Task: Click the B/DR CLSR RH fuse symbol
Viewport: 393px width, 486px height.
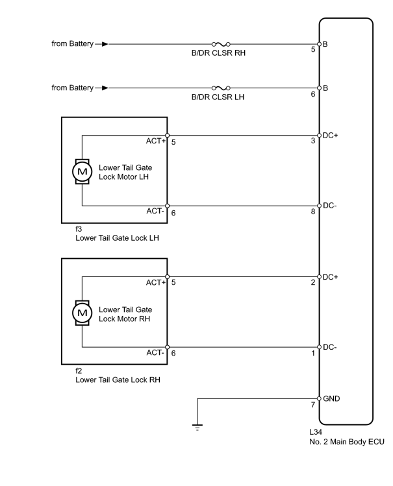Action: point(221,44)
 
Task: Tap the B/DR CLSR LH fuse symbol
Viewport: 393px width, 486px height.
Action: point(221,88)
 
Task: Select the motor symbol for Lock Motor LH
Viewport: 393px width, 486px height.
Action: point(82,171)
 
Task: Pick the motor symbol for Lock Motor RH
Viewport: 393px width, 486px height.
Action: point(82,313)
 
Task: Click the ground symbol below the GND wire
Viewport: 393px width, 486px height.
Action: point(197,428)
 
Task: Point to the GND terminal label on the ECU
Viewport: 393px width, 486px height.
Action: point(331,398)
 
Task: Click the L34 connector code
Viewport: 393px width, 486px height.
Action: point(316,431)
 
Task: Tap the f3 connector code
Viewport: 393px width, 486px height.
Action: point(79,229)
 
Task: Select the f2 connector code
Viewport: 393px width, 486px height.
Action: point(79,371)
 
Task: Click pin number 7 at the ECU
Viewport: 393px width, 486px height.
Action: point(313,405)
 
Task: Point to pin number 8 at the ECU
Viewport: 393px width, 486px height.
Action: point(313,212)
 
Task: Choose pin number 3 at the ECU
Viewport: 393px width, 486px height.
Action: point(313,141)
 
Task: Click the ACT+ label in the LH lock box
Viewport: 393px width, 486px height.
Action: point(156,141)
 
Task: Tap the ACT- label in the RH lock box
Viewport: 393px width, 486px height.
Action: point(155,353)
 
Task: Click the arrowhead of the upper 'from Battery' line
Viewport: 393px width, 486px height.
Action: point(105,44)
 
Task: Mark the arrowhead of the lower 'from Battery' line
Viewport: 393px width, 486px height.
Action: point(105,88)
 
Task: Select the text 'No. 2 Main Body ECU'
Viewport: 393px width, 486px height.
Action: point(347,442)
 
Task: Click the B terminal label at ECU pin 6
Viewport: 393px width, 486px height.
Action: point(325,88)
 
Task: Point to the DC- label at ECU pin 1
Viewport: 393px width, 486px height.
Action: point(330,347)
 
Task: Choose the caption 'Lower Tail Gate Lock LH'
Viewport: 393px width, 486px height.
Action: point(117,238)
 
